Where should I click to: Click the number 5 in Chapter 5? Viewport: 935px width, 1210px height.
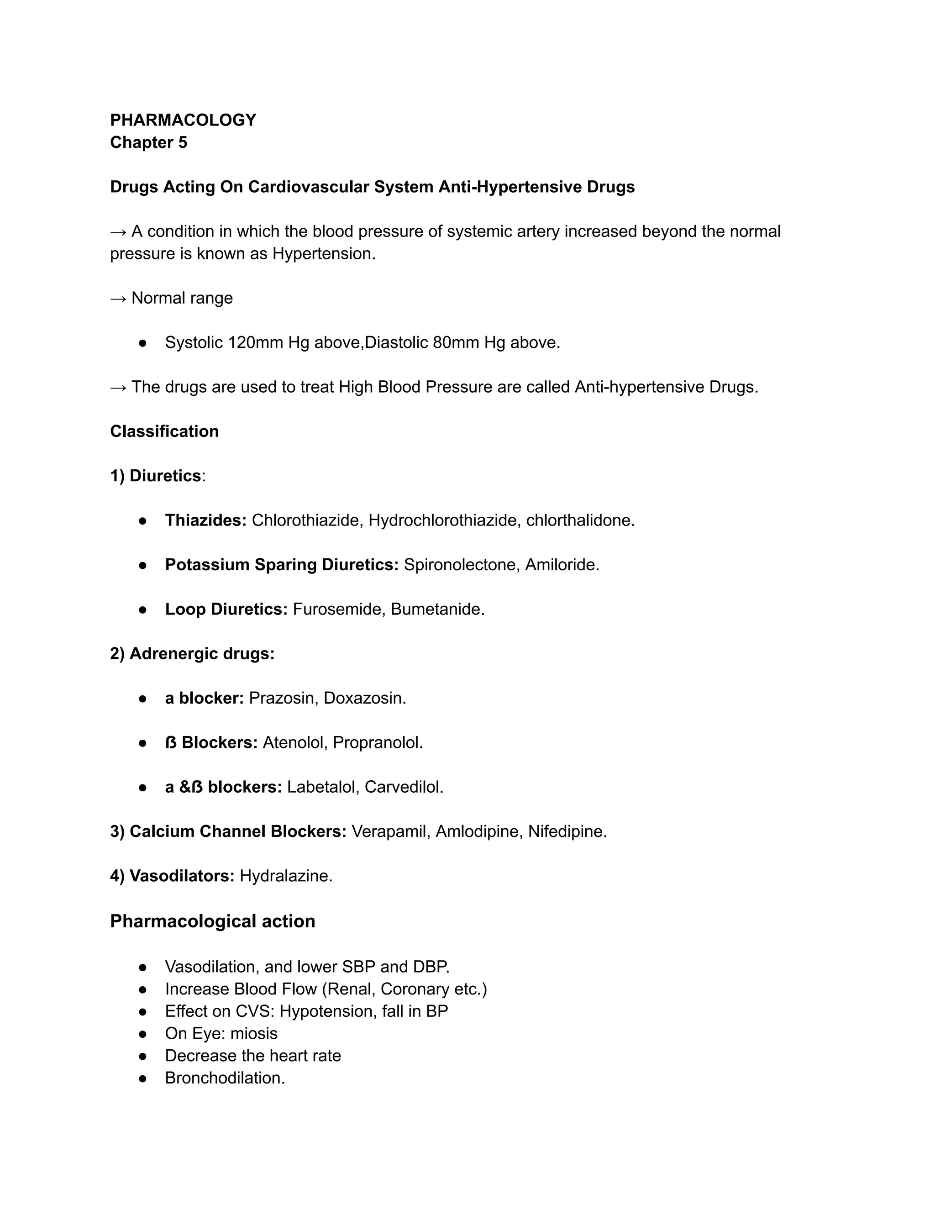click(x=182, y=142)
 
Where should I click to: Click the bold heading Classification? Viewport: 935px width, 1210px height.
click(x=164, y=431)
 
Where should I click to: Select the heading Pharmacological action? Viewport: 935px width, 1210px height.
click(x=212, y=921)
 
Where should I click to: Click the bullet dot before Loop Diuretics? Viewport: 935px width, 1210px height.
click(x=143, y=610)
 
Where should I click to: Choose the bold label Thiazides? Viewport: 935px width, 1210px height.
click(x=205, y=520)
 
